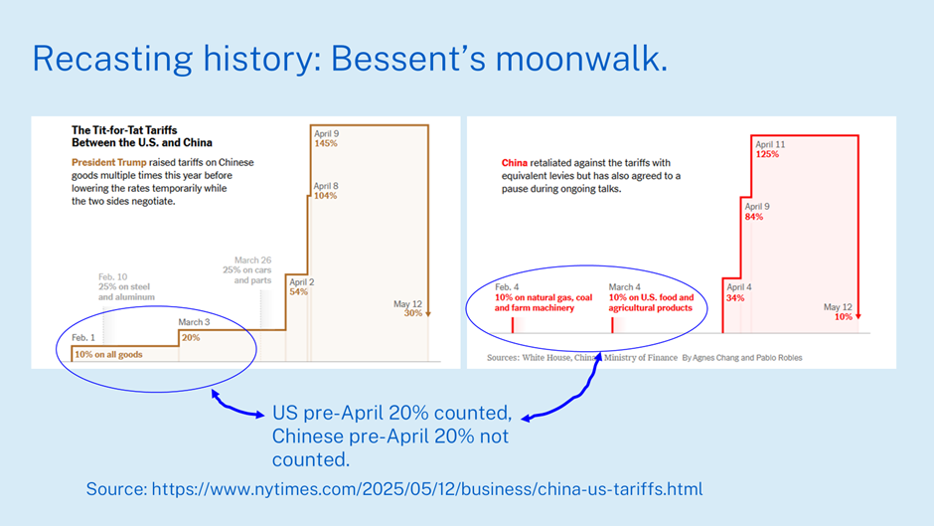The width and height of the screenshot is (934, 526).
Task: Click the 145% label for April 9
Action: tap(326, 144)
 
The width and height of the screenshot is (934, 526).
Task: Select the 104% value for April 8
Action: tap(325, 196)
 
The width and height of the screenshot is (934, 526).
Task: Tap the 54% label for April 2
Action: tap(298, 291)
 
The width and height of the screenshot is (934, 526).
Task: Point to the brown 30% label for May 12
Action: tap(412, 313)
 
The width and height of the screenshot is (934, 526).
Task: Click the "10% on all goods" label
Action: tap(108, 354)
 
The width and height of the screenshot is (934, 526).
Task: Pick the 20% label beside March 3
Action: tap(191, 337)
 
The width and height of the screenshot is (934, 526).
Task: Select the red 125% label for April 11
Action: tap(767, 154)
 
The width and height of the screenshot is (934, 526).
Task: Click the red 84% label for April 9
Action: tap(754, 217)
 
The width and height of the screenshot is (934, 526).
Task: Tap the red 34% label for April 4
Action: tap(735, 297)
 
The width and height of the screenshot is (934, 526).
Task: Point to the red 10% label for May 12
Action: tap(843, 316)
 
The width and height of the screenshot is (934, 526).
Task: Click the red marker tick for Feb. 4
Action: tap(513, 325)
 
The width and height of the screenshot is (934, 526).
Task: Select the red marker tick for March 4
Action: tap(612, 325)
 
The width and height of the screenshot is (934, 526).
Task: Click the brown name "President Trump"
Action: tap(109, 162)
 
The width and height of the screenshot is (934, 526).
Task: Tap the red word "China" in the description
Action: tap(514, 163)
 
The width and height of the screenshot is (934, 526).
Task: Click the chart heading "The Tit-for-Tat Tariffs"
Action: tap(124, 130)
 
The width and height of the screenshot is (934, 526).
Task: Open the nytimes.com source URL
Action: tap(427, 489)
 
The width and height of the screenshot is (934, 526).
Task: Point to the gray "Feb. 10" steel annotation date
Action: tap(112, 276)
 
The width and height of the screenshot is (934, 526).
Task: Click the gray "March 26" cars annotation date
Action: tap(252, 261)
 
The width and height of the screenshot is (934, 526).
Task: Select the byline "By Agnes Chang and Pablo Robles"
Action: tap(741, 358)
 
